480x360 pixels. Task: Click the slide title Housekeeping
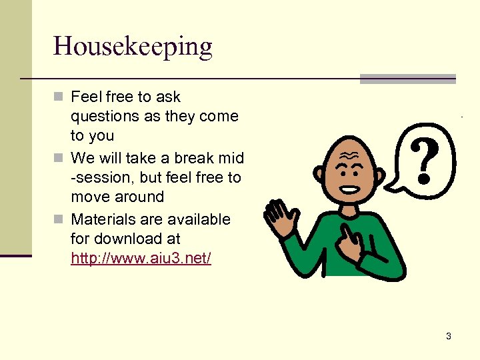point(133,47)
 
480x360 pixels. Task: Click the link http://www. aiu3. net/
point(141,258)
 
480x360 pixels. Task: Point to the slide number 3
point(448,336)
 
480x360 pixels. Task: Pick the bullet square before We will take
point(59,159)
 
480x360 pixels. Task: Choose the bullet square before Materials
point(59,220)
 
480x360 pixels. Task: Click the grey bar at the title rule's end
point(407,79)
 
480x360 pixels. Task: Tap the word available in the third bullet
point(198,219)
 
